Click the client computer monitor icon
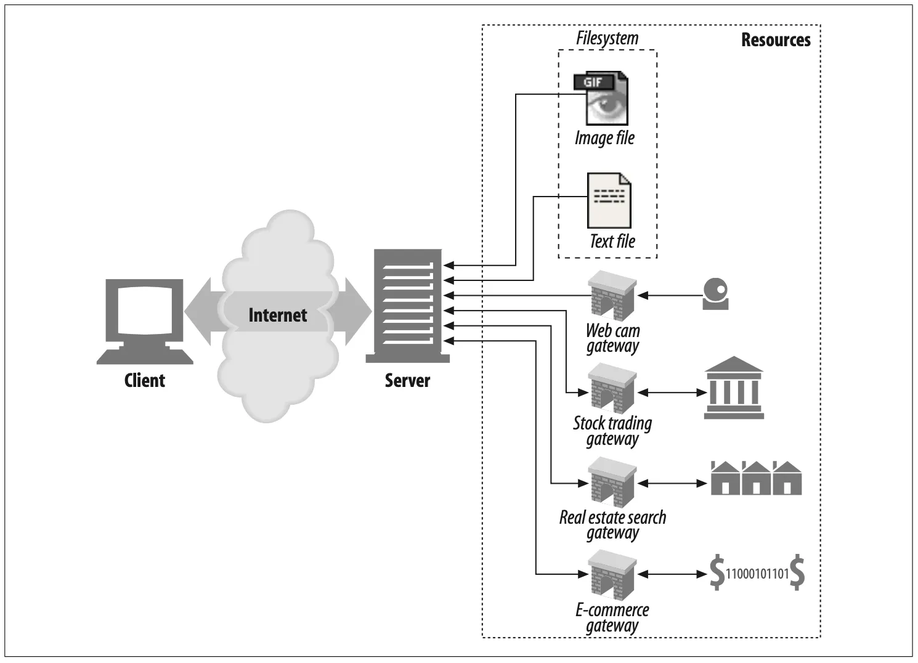(x=145, y=322)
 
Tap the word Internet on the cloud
(x=277, y=315)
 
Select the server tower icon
(x=407, y=306)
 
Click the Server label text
(x=407, y=381)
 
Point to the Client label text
(x=145, y=381)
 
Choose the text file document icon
(x=609, y=200)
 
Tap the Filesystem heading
(x=607, y=38)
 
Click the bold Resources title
(x=776, y=40)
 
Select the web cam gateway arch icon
(x=612, y=295)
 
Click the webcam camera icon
(x=715, y=294)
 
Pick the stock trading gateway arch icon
(x=612, y=388)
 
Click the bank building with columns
(x=734, y=388)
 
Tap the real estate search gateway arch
(x=612, y=482)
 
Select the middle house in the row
(x=756, y=478)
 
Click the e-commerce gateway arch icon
(x=612, y=575)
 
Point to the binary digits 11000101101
(x=757, y=574)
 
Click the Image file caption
(x=604, y=138)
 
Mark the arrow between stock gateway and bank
(x=673, y=393)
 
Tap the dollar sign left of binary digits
(x=717, y=572)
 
